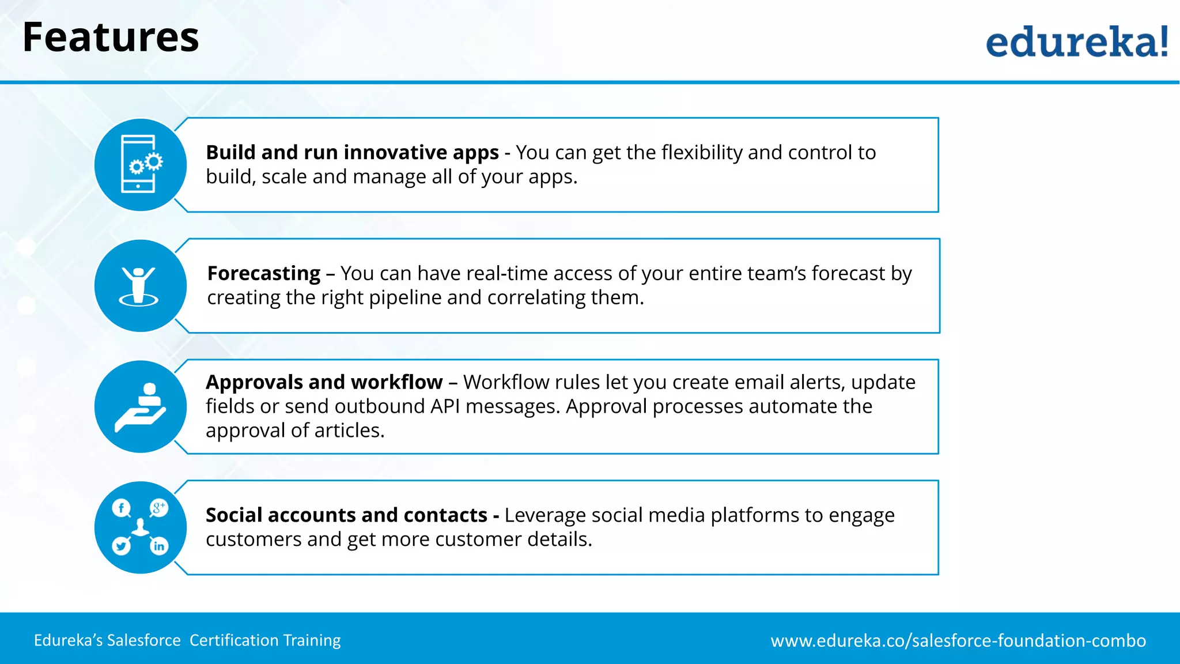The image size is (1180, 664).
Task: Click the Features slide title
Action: click(x=111, y=38)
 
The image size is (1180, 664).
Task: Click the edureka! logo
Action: click(x=1076, y=42)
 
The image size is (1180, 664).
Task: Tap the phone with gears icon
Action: click(x=140, y=164)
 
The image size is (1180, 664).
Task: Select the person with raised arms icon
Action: click(x=139, y=286)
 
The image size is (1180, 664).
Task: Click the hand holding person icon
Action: click(x=141, y=407)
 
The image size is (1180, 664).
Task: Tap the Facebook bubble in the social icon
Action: click(x=121, y=508)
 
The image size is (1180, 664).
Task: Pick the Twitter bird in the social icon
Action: click(x=122, y=545)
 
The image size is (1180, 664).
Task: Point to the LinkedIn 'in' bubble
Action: click(x=159, y=546)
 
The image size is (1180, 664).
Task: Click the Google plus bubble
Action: click(x=158, y=508)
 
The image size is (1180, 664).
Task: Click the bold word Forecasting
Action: click(x=263, y=273)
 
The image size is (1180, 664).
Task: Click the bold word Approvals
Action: click(x=254, y=382)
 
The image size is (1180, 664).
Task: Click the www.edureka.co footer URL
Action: click(x=958, y=640)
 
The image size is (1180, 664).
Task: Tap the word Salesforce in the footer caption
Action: click(x=143, y=640)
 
